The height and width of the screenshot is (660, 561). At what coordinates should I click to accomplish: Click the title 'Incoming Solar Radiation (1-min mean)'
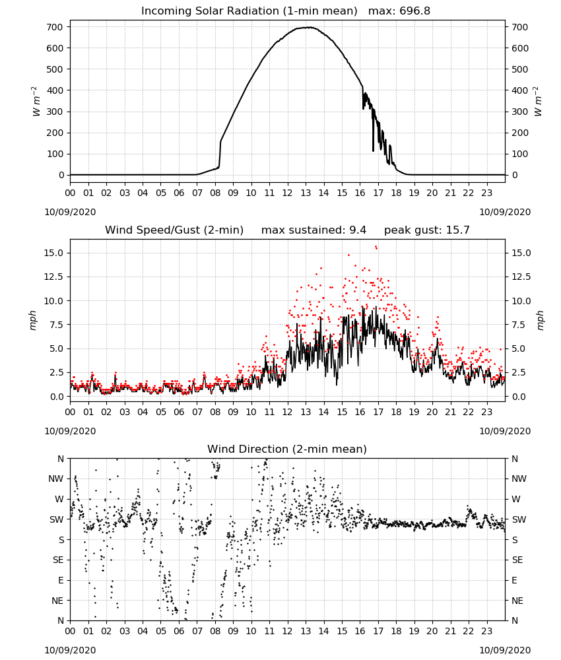pos(249,11)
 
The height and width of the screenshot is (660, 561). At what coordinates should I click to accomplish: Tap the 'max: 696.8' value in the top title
pos(399,11)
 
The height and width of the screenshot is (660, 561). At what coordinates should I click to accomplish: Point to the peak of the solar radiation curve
pos(310,27)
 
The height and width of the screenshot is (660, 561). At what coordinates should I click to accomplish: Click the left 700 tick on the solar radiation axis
pos(55,27)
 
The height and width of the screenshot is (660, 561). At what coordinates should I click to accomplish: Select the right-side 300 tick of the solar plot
pos(520,112)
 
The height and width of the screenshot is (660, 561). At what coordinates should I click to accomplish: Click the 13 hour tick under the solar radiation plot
pos(306,193)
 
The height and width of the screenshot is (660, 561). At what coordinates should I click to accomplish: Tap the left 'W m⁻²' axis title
pos(36,101)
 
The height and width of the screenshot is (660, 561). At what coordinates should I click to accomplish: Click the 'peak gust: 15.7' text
pos(427,230)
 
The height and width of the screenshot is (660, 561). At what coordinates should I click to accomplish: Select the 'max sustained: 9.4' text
pos(313,230)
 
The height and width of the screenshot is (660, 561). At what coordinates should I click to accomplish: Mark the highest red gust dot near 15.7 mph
pos(376,247)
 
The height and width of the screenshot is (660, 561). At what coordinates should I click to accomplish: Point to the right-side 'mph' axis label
pos(541,320)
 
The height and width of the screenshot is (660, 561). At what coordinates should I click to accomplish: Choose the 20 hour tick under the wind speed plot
pos(432,412)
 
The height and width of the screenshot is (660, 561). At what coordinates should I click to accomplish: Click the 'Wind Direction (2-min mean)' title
pos(287,449)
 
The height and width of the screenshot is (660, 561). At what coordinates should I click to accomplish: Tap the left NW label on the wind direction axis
pos(56,479)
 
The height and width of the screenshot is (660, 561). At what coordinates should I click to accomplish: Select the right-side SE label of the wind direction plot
pos(517,560)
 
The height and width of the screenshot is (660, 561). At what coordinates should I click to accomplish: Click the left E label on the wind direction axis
pos(61,580)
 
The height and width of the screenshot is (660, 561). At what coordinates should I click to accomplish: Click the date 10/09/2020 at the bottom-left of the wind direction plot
pos(70,650)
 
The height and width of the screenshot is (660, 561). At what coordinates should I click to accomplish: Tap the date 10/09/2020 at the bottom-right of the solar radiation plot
pos(505,212)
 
